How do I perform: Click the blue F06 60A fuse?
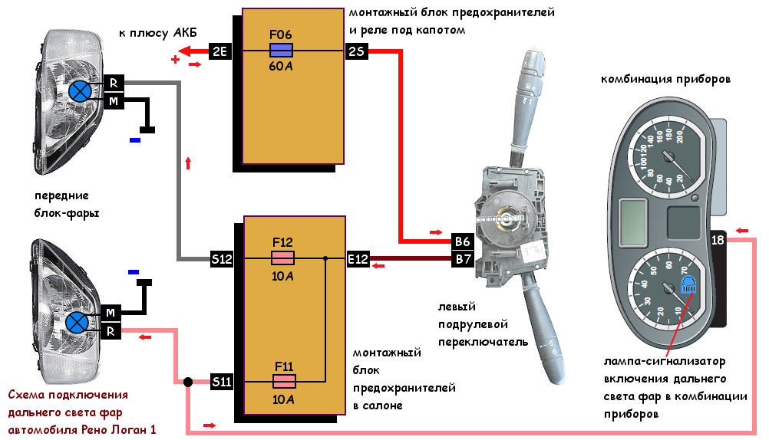[x=282, y=51]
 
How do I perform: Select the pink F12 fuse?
[x=283, y=258]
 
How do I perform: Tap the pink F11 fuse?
[x=284, y=381]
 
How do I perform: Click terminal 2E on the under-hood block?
[x=219, y=51]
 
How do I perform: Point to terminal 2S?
[x=357, y=51]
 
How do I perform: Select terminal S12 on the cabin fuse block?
[x=222, y=258]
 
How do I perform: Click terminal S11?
[x=222, y=382]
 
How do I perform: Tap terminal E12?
[x=358, y=258]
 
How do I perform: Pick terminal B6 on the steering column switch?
[x=463, y=241]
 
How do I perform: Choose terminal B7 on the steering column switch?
[x=463, y=258]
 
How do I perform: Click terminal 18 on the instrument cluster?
[x=718, y=240]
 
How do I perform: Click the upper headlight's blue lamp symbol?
[x=80, y=92]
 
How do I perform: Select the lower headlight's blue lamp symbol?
[x=77, y=322]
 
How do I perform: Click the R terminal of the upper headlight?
[x=114, y=84]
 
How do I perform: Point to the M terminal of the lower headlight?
[x=111, y=313]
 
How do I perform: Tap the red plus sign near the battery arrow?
[x=175, y=60]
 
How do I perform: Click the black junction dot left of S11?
[x=188, y=382]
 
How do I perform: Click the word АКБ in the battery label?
[x=185, y=33]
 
